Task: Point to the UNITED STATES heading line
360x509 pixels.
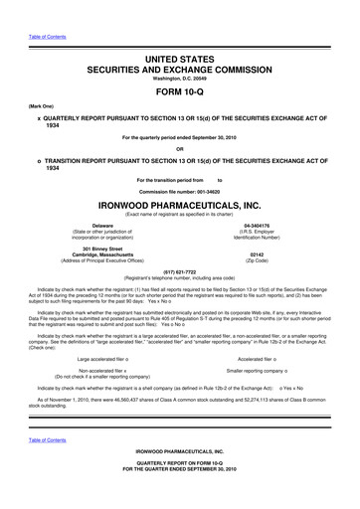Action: coord(179,34)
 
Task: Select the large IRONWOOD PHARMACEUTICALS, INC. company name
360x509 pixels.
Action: coord(179,205)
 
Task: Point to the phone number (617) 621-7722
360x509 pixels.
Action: coord(179,271)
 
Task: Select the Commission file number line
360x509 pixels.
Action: coord(179,189)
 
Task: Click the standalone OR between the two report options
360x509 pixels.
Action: coord(179,149)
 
